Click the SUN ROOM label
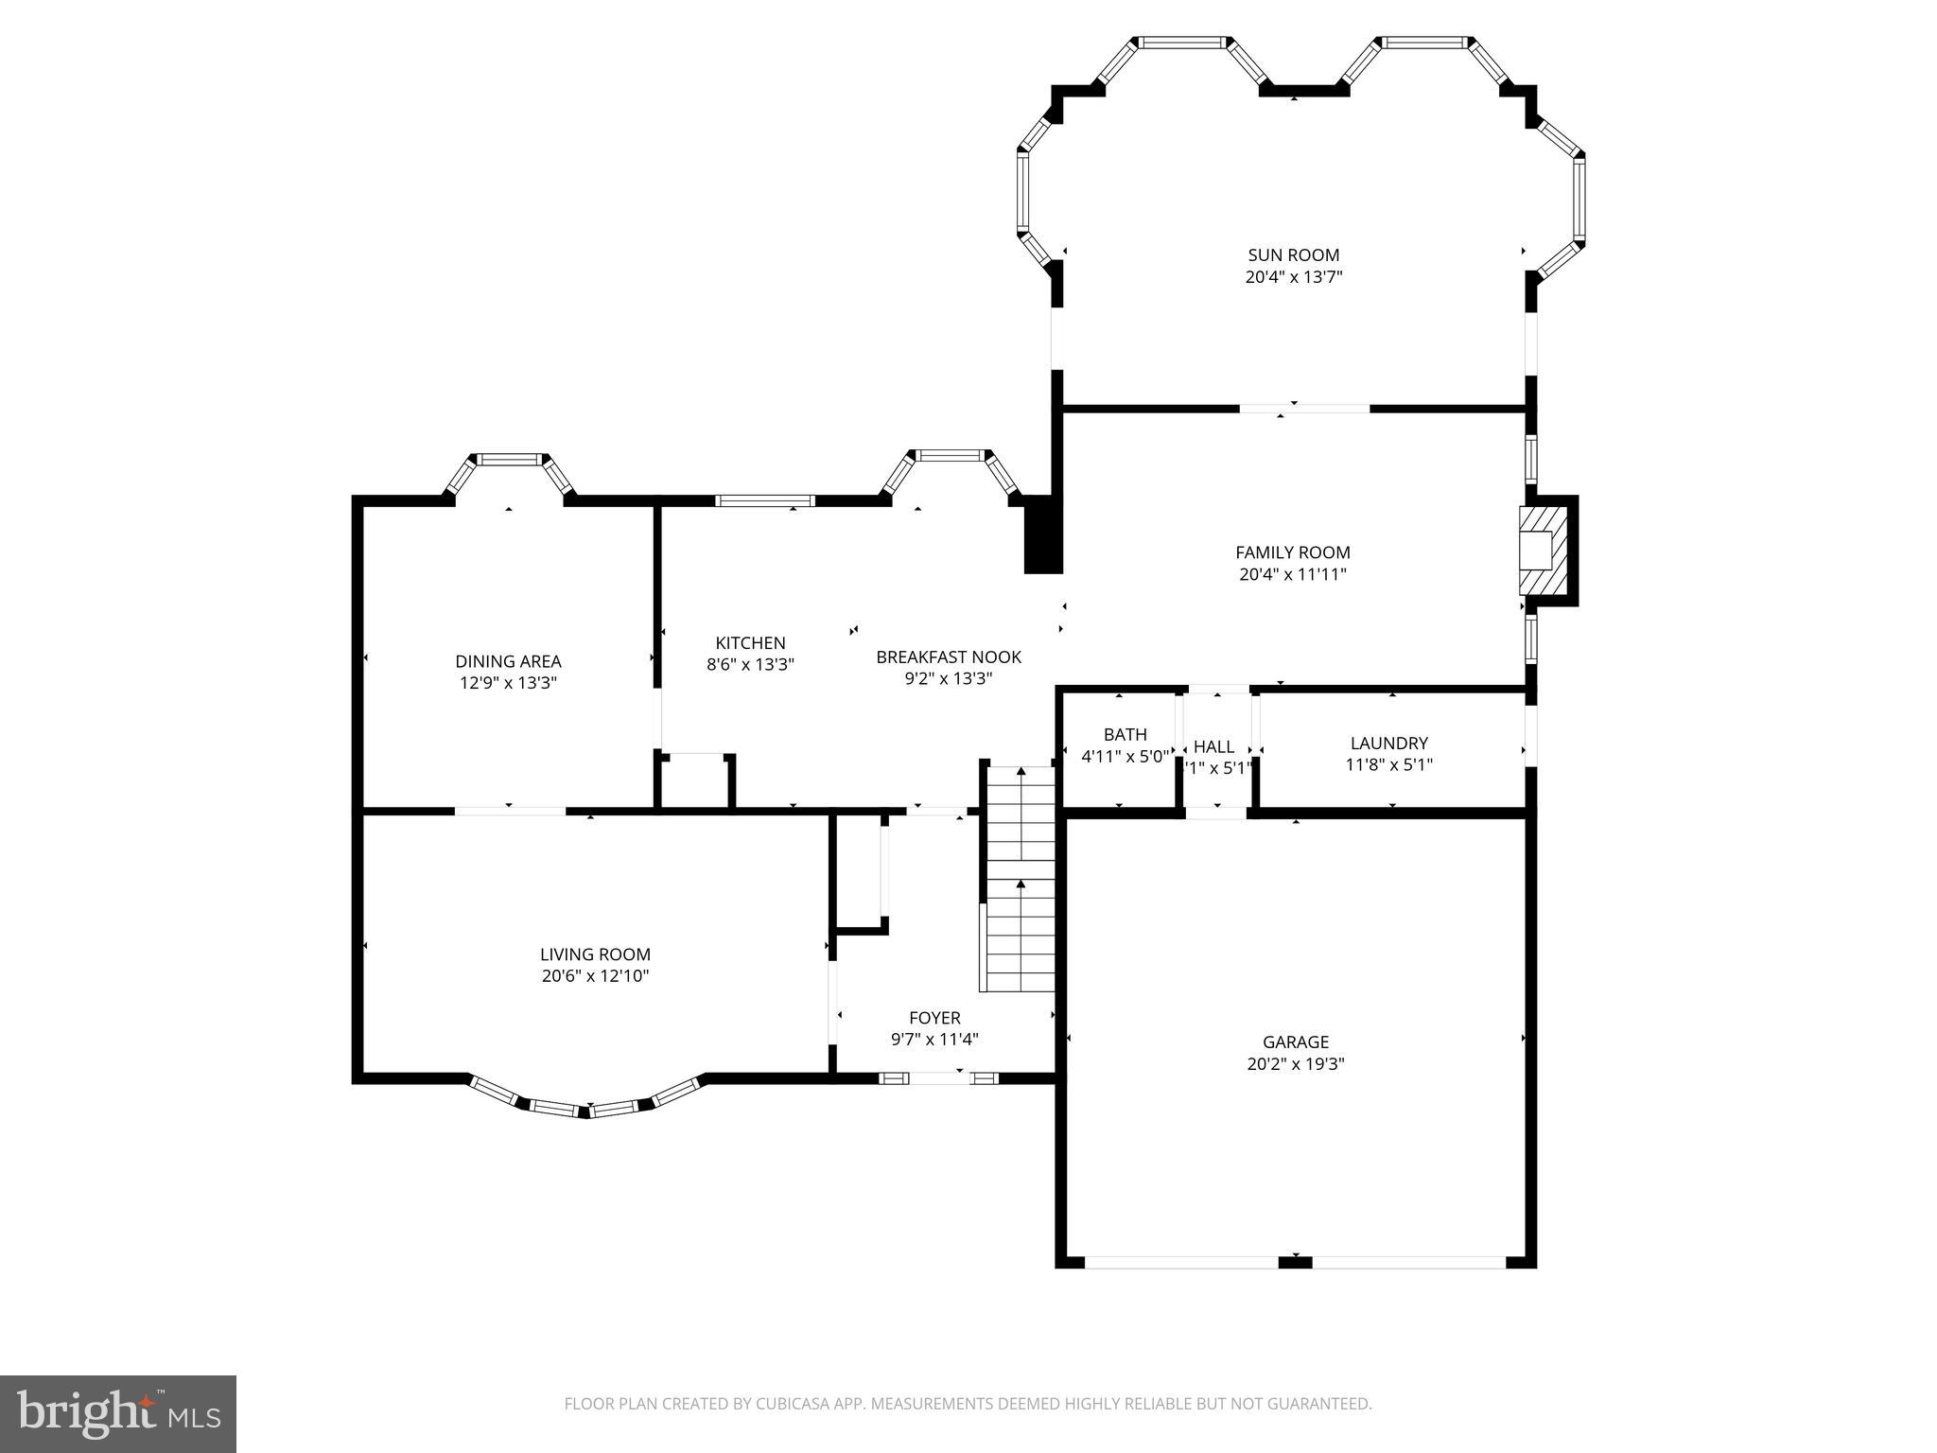tap(1293, 254)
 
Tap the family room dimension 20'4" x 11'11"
tap(1292, 574)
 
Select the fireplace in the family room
tap(1543, 551)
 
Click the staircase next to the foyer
tap(1021, 880)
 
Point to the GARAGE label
tap(1295, 1042)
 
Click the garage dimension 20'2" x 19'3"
tap(1295, 1063)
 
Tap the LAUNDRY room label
tap(1388, 744)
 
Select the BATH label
tap(1125, 734)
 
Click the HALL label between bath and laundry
tap(1213, 746)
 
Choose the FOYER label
tap(934, 1018)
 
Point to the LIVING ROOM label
tap(595, 954)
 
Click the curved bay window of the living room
tap(586, 1103)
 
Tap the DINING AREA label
tap(508, 661)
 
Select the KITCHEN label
tap(750, 643)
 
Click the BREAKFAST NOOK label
tap(948, 656)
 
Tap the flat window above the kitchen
tap(764, 500)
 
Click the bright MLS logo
tap(117, 1413)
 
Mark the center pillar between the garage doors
tap(1295, 1261)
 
